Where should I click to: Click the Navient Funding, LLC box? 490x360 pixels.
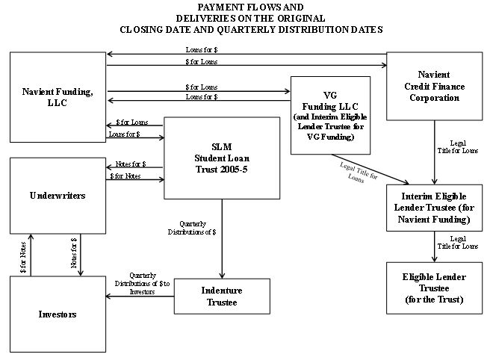57,97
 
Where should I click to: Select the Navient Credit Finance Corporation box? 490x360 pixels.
433,87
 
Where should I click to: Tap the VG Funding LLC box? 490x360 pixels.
331,116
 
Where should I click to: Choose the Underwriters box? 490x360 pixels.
57,196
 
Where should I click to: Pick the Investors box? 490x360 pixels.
57,314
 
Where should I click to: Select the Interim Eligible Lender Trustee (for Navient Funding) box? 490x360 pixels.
434,207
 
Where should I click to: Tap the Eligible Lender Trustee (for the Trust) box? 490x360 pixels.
434,288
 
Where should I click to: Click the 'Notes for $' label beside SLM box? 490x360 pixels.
131,164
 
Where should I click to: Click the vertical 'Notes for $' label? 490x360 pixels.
74,255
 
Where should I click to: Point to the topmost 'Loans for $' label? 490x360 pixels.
202,49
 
